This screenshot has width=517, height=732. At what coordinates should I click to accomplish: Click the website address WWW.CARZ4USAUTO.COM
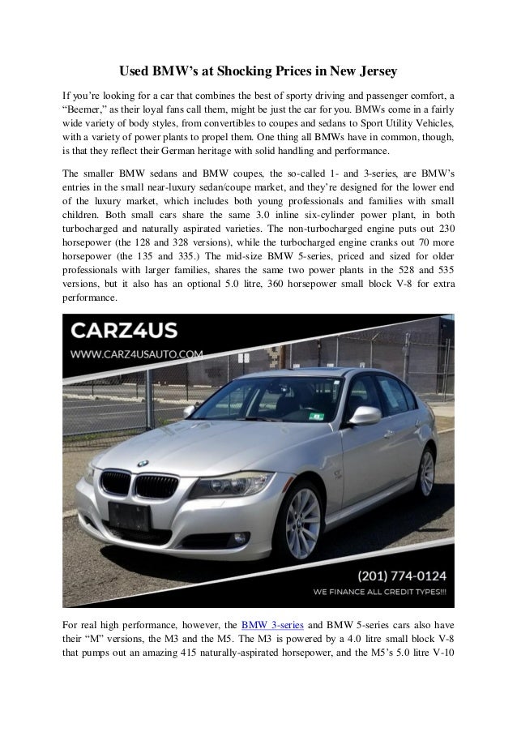pyautogui.click(x=138, y=353)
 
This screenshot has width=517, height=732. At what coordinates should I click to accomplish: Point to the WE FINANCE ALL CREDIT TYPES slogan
pyautogui.click(x=380, y=593)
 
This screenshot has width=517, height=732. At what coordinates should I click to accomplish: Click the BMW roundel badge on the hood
pyautogui.click(x=143, y=462)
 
